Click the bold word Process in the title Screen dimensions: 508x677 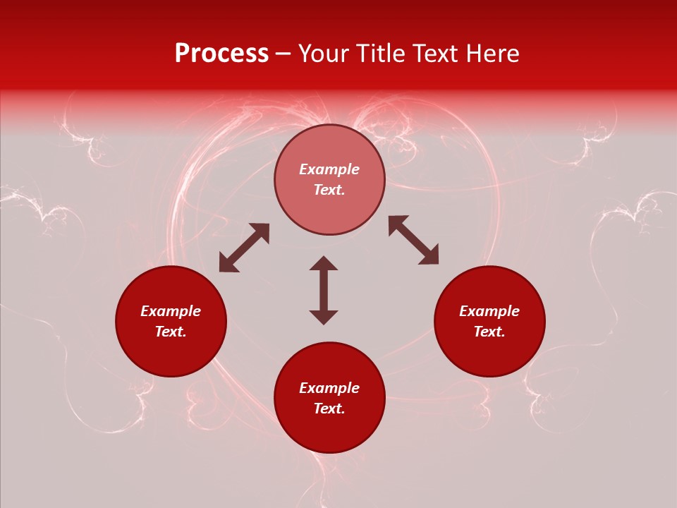(x=221, y=54)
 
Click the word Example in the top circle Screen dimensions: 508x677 (x=329, y=169)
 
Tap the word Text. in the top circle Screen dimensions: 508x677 (x=329, y=190)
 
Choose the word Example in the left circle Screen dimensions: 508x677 (x=171, y=311)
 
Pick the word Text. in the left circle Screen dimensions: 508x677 (x=171, y=332)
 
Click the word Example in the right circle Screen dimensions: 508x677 (x=489, y=311)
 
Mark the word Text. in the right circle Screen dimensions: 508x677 (x=489, y=332)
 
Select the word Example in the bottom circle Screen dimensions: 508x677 (x=329, y=388)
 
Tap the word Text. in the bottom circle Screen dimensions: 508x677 (x=329, y=409)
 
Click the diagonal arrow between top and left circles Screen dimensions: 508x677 (x=244, y=248)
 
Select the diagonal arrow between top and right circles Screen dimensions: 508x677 (x=413, y=241)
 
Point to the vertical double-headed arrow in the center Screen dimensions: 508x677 (x=324, y=290)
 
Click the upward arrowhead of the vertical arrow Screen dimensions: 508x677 (x=324, y=262)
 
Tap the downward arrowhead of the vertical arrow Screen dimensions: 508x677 (x=324, y=317)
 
